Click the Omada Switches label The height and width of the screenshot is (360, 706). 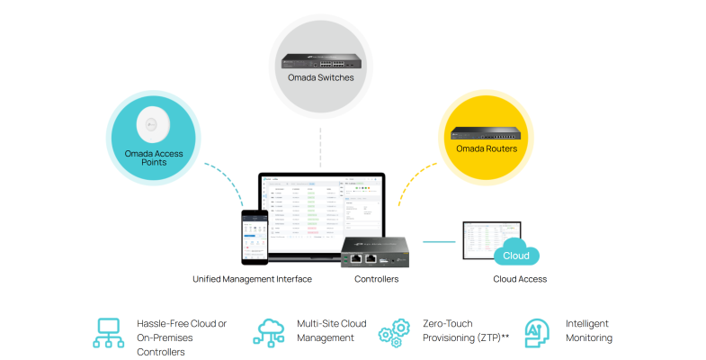[321, 78]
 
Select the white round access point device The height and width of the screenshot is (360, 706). [153, 125]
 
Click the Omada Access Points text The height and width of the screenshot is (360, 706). [154, 157]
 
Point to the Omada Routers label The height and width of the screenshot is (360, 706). [487, 148]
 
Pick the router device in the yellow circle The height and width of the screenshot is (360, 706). [487, 133]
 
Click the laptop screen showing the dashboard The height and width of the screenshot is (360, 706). [322, 213]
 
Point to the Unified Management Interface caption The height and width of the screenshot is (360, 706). [252, 279]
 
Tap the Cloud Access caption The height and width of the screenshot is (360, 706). [520, 279]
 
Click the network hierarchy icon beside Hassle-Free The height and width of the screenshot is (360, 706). [109, 332]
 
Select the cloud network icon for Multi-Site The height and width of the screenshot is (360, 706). [271, 332]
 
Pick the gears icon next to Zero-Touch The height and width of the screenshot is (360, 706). [396, 332]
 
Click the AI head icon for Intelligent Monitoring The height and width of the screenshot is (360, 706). [537, 332]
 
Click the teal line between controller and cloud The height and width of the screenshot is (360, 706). [440, 241]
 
